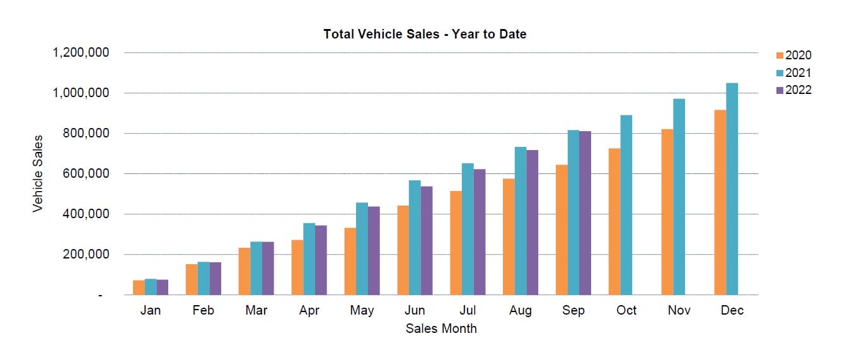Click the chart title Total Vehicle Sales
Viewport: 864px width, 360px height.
(x=424, y=35)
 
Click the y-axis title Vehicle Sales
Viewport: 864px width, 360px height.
(x=38, y=173)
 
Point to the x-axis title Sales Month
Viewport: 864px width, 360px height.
(x=441, y=328)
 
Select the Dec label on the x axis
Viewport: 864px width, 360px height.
(x=732, y=310)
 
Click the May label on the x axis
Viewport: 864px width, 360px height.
(x=362, y=310)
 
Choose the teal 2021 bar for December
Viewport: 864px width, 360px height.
(x=732, y=189)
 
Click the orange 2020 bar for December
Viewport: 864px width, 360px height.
(x=720, y=202)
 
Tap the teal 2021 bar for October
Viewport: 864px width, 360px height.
(x=626, y=205)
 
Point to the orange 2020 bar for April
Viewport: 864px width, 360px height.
(x=297, y=267)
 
